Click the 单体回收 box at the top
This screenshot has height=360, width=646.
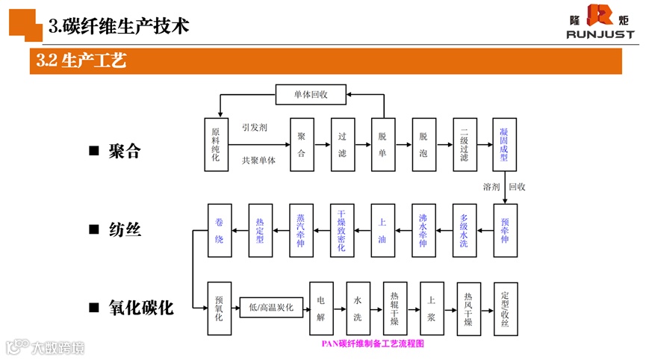[311, 94]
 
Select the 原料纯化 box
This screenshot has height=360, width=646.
[217, 144]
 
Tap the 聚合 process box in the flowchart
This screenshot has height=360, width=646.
[302, 144]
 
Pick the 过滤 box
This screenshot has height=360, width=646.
[342, 144]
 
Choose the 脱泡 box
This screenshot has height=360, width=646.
[423, 144]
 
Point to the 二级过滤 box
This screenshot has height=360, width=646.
[465, 144]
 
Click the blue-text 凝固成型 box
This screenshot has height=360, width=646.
[504, 144]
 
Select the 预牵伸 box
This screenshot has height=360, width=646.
[505, 230]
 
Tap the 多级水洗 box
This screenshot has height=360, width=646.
[464, 230]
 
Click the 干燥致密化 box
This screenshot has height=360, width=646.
[341, 230]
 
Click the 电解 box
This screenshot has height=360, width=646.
[321, 308]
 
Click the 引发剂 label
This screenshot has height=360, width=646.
[254, 128]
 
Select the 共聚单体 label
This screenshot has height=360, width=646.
[258, 161]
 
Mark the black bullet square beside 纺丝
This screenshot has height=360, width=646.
[93, 230]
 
